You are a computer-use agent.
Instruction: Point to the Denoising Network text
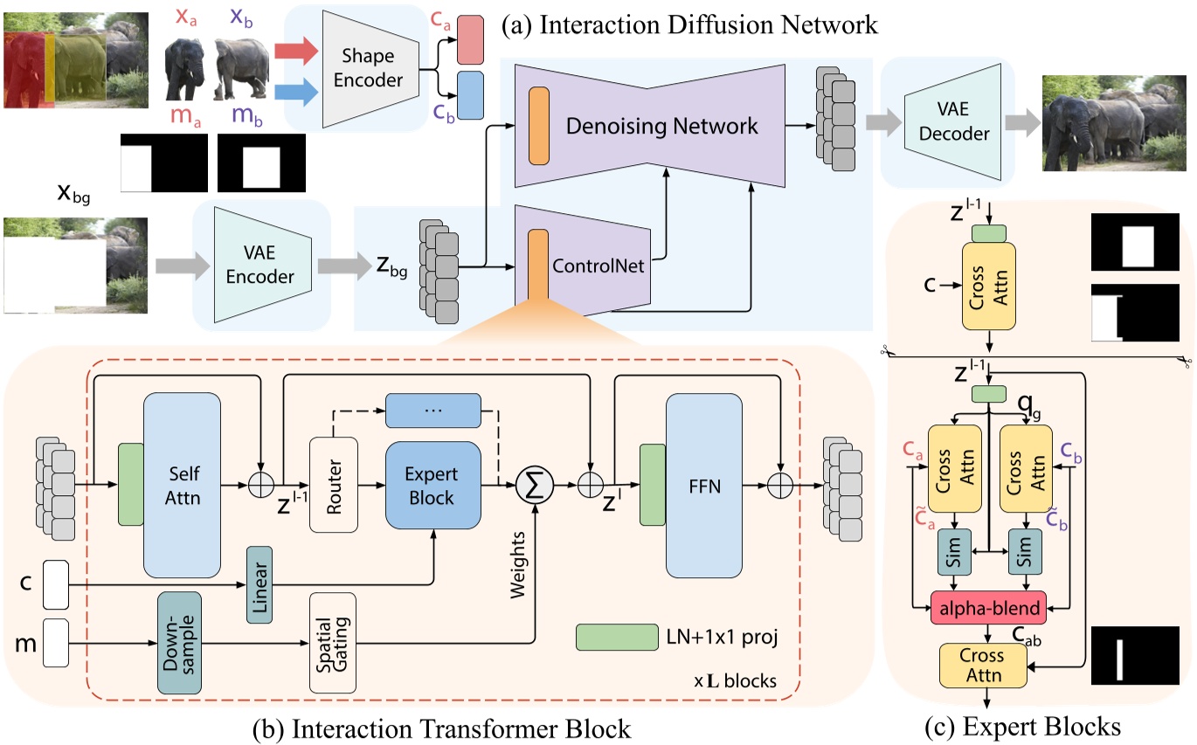click(x=661, y=127)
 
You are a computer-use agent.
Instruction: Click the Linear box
click(x=260, y=584)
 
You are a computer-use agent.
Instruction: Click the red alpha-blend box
click(x=990, y=608)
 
